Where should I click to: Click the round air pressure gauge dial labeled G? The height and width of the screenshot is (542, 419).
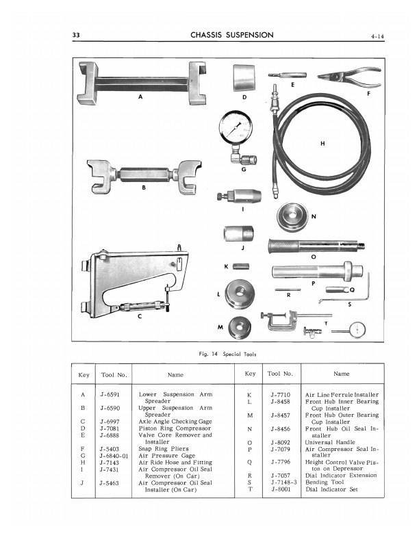click(236, 128)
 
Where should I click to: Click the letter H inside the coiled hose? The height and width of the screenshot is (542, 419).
click(322, 143)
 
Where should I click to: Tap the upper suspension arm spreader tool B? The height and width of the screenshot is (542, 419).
click(140, 179)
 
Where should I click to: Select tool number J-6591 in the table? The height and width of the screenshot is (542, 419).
click(111, 395)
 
